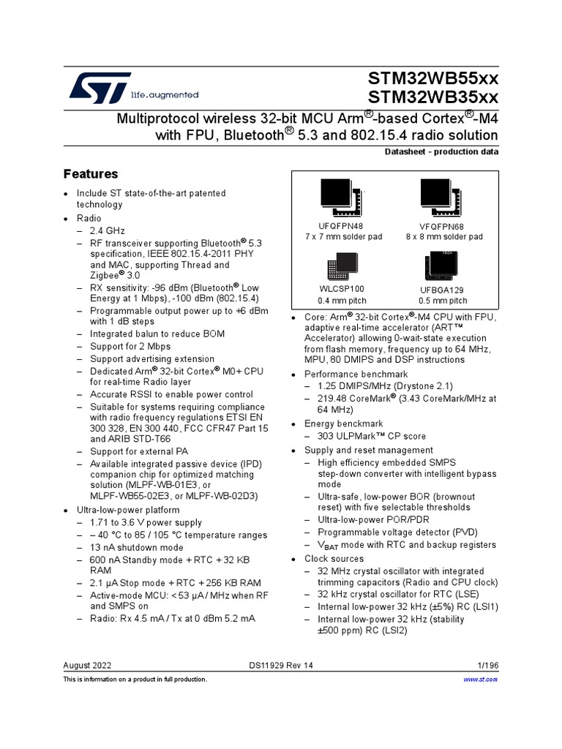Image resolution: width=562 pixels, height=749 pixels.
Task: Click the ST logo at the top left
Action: click(101, 88)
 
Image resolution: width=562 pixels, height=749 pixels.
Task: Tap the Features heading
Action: click(91, 174)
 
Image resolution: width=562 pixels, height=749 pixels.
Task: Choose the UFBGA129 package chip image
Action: click(437, 266)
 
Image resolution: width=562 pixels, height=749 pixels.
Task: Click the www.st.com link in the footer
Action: click(482, 680)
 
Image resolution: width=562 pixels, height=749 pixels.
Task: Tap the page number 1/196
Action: click(486, 665)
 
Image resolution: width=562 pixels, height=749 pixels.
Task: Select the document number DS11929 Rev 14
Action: click(281, 665)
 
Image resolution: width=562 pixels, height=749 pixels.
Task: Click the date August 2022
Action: click(89, 665)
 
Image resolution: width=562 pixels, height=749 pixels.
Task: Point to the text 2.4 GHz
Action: click(108, 230)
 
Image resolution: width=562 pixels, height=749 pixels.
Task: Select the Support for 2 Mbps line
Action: click(130, 346)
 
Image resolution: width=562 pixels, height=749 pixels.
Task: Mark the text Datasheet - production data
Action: click(441, 151)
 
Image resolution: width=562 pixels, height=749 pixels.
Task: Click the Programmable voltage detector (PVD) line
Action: click(395, 532)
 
